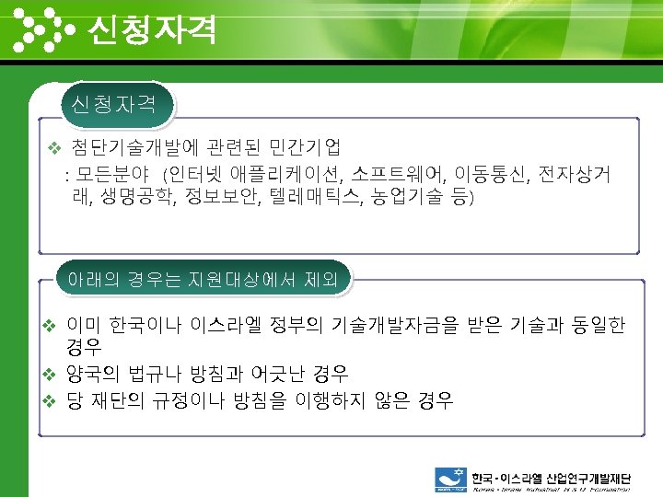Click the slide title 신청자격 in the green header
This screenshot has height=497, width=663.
[152, 30]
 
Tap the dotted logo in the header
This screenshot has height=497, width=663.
[46, 29]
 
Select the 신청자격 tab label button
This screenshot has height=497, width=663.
[115, 103]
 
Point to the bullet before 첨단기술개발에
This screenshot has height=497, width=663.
[53, 147]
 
